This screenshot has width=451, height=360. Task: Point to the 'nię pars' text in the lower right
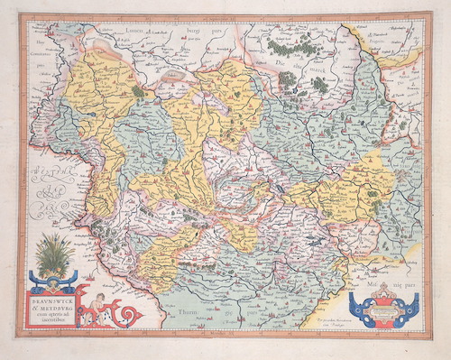(x=402, y=282)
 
